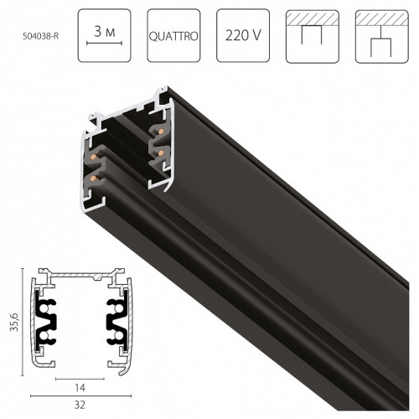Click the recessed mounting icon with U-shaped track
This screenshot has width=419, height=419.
(310, 37)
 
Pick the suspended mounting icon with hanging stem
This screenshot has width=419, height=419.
(379, 37)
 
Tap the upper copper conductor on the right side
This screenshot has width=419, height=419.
(155, 132)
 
